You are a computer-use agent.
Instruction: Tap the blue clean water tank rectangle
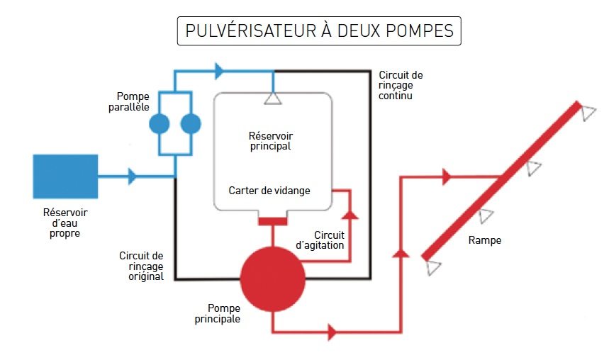click(65, 176)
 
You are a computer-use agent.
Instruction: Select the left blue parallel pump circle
click(160, 125)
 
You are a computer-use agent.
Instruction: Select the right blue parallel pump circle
click(191, 125)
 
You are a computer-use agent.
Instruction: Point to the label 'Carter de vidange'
click(269, 191)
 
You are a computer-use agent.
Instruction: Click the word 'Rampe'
click(485, 240)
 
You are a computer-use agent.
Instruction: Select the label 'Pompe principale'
click(223, 313)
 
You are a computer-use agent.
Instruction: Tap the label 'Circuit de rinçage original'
click(142, 266)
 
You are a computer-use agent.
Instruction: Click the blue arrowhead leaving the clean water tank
click(132, 176)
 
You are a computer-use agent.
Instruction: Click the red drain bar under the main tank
click(272, 221)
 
